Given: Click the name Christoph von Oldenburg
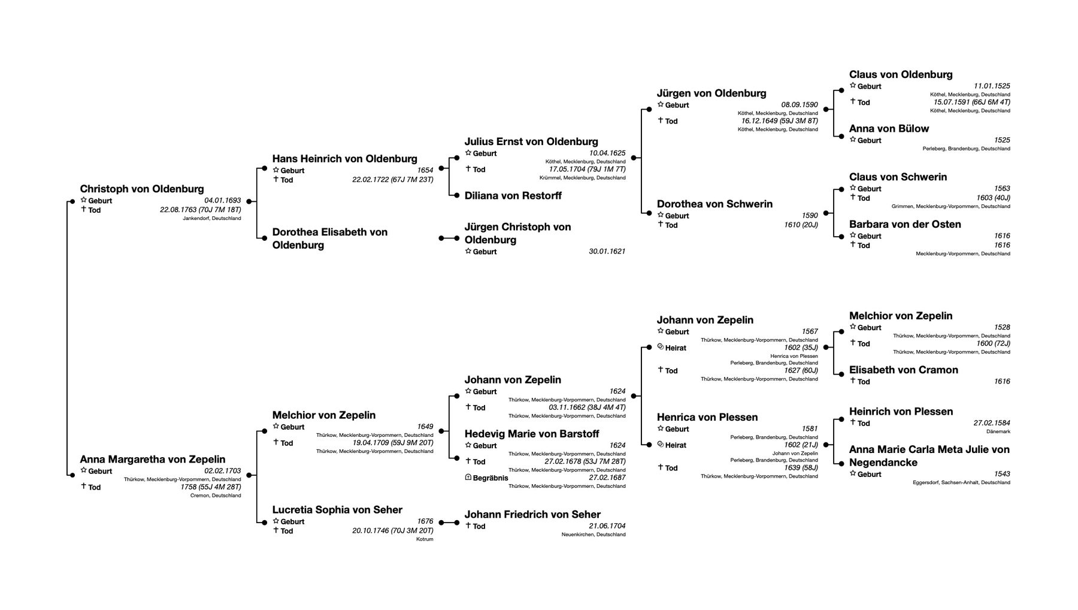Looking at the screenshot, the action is tap(142, 189).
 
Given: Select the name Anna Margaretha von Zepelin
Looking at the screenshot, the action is tap(153, 460).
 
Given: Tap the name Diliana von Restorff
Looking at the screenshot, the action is tap(513, 195).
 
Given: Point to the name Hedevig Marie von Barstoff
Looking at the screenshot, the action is tap(532, 434).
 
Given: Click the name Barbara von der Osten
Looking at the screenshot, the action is tap(905, 224).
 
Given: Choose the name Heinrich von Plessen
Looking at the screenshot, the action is tap(901, 411).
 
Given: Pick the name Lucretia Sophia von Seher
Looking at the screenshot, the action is tap(337, 509).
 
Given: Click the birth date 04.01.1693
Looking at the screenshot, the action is tap(223, 201).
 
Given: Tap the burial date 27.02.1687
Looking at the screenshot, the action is tap(607, 478).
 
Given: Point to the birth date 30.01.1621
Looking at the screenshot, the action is tap(607, 252).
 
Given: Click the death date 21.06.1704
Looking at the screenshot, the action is tap(607, 526).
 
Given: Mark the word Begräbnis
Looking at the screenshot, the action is tap(490, 478).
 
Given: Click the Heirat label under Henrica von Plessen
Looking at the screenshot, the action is tap(676, 445).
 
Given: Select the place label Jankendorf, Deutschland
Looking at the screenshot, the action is tap(212, 219).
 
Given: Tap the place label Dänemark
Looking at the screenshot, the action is tap(998, 431).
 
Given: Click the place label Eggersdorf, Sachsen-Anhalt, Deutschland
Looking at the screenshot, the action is tap(961, 482).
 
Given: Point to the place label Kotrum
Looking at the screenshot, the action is tap(425, 539).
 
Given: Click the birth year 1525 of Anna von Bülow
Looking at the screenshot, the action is tap(1002, 140).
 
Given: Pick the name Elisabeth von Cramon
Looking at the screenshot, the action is tap(904, 370).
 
